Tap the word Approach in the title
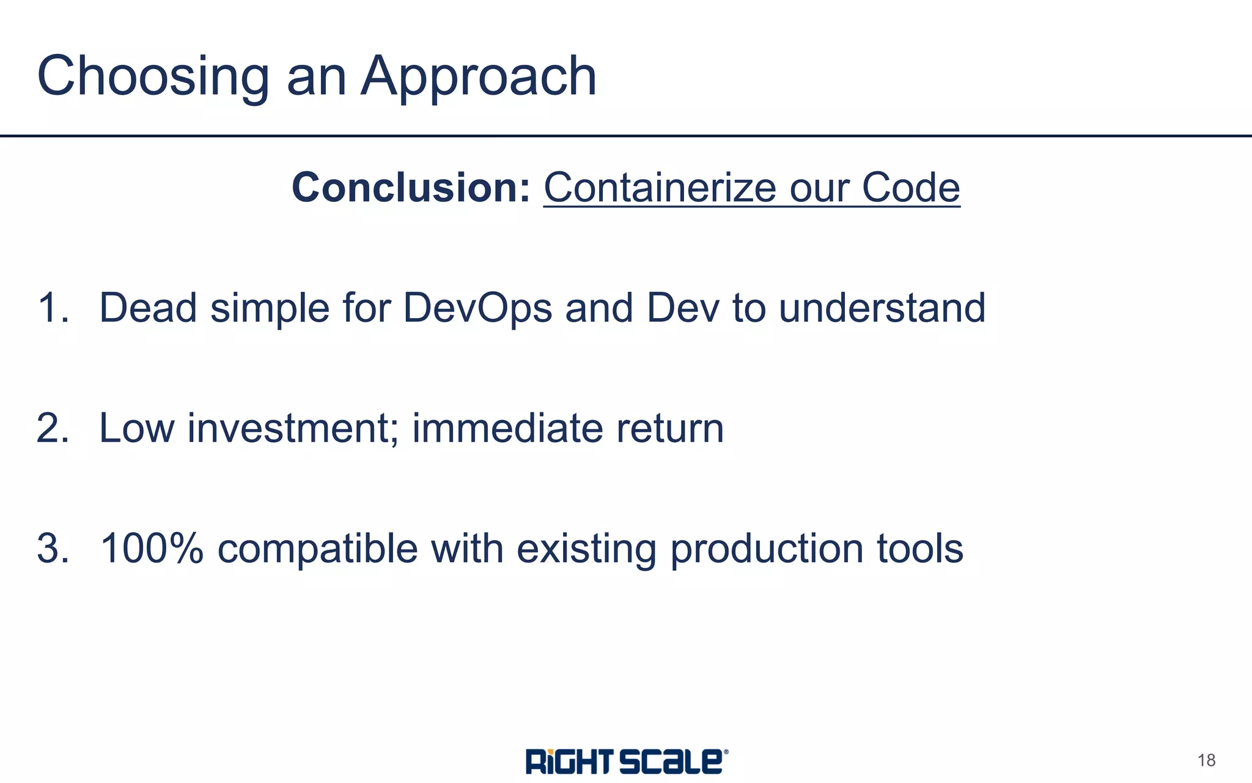478,76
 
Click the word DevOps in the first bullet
477,307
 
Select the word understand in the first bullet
882,307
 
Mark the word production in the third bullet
767,548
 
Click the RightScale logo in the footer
626,761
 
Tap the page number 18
1206,760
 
